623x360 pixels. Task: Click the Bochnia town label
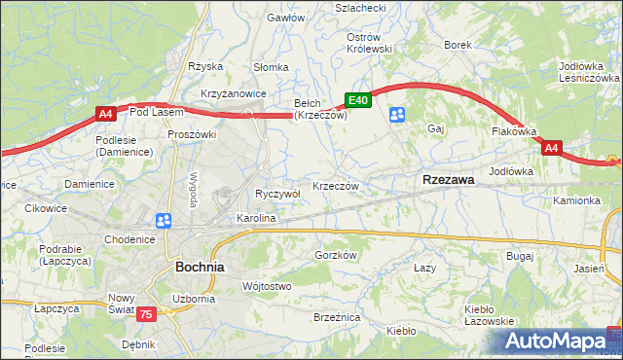pos(200,266)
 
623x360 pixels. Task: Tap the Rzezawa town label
pos(448,180)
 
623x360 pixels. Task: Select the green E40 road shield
pos(357,100)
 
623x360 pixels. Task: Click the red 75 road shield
pos(146,313)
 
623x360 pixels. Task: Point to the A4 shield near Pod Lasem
pos(106,114)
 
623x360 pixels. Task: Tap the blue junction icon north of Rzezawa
pos(397,116)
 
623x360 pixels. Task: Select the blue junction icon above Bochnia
pos(164,222)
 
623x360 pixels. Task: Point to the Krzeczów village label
pos(337,186)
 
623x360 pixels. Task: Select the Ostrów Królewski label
pos(369,43)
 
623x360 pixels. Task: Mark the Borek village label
pos(458,45)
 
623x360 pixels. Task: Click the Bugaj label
pos(521,255)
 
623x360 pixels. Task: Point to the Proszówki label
pos(190,134)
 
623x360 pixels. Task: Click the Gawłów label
pos(286,18)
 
